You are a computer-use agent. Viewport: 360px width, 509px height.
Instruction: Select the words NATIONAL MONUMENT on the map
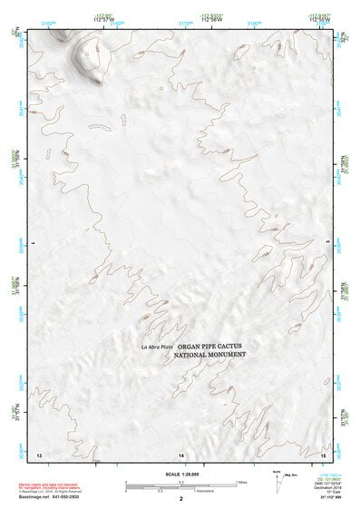[216, 356]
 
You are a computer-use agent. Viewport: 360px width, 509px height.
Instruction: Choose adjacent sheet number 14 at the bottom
[181, 454]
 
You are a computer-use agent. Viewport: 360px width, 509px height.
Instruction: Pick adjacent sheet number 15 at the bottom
[323, 454]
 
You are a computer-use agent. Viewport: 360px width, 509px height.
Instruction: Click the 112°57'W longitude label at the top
[107, 20]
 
